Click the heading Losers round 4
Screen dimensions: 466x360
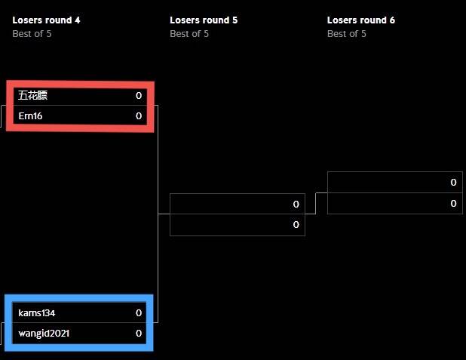pos(46,20)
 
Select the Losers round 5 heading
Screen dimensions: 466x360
pos(204,20)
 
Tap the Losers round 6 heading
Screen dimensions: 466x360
pos(360,20)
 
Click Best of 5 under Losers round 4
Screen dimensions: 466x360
pos(32,34)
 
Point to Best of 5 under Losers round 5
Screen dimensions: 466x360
pos(189,34)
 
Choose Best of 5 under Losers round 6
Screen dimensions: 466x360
pos(347,34)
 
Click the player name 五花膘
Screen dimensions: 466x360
pos(32,96)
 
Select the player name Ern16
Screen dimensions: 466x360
pos(30,116)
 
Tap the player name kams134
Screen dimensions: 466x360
pos(36,313)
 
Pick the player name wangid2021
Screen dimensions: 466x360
pos(44,334)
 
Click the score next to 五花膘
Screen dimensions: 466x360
pos(139,96)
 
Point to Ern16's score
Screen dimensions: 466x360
pos(139,116)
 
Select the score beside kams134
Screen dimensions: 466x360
pos(139,313)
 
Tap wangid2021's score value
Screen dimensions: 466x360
pos(139,334)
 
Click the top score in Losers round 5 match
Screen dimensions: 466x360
pos(296,204)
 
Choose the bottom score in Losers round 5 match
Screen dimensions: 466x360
pos(296,225)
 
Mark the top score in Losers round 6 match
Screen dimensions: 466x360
pos(453,182)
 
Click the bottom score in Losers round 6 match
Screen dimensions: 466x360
pos(453,204)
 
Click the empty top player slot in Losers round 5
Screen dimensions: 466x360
pos(238,204)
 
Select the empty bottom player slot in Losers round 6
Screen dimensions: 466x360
pos(394,204)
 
